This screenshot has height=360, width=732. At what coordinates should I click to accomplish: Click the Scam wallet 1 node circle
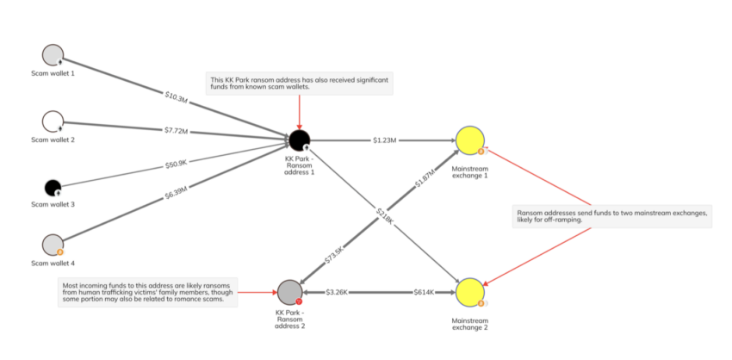coord(53,54)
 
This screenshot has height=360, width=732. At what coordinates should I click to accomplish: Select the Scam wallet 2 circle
coord(53,121)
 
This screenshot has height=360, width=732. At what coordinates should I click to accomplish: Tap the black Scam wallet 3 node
coord(53,188)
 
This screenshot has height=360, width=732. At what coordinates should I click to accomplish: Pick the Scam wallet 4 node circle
coord(53,245)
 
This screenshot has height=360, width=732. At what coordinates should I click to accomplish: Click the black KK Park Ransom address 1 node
coord(299,140)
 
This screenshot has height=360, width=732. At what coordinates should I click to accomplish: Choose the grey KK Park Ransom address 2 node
coord(290,292)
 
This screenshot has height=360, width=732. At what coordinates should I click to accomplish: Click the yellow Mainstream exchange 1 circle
coord(470,140)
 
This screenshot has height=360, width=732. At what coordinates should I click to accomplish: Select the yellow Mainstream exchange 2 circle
coord(470,292)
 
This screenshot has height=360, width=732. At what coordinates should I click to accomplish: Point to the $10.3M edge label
coord(177,95)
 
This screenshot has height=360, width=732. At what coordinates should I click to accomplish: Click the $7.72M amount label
coord(176,131)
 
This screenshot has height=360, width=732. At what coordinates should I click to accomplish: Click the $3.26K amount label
coord(337,292)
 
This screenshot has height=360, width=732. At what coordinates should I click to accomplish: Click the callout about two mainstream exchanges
coord(612,215)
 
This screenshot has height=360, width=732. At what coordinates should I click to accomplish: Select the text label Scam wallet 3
coord(53,205)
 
